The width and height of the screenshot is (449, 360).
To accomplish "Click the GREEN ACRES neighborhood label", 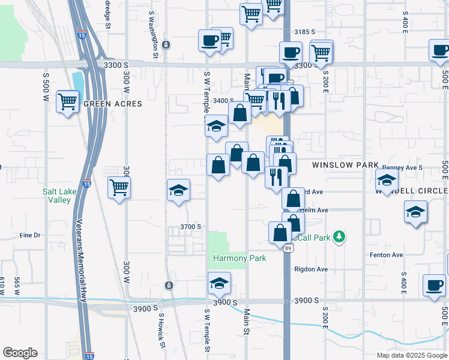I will coord(112,104).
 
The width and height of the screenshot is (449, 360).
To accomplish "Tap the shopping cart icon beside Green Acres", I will coord(68,101).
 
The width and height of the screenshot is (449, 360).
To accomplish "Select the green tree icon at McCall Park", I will coord(340,237).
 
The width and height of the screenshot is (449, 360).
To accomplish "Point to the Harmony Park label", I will coord(239,258).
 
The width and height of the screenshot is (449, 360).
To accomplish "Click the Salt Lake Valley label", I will coord(59,196).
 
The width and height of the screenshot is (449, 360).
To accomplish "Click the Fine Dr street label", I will coord(29,235).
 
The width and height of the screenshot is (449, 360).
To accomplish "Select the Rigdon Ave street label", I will coord(311,269).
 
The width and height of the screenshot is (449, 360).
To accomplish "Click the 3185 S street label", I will coord(304,31).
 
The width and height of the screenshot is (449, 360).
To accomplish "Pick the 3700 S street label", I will coord(190,227).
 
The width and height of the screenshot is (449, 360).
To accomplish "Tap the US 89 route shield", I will coord(288,248).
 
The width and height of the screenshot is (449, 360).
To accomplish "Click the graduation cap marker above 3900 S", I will coord(219,284).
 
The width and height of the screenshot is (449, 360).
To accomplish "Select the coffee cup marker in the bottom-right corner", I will coord(434,286).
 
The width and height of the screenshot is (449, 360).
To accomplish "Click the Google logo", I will coord(20,353).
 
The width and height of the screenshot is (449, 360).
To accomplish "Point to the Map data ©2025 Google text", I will coord(411,355).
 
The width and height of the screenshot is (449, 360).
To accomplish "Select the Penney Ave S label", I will coord(402,167).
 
